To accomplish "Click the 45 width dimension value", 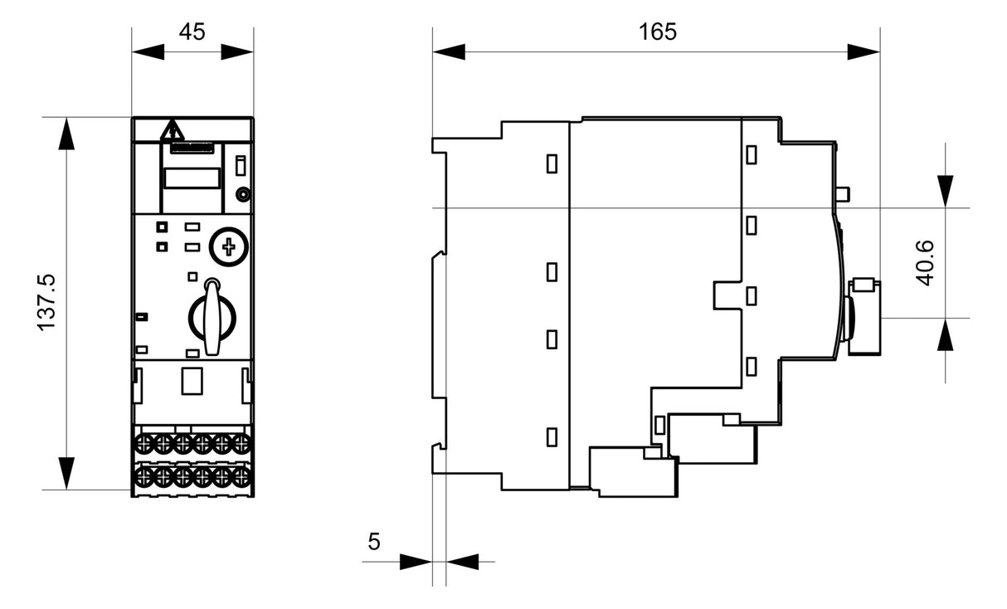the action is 192,32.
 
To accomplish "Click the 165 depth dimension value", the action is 658,32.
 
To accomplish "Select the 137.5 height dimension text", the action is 46,302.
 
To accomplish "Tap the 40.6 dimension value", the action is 925,263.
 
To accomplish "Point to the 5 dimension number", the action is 374,541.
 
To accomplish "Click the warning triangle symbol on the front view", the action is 173,130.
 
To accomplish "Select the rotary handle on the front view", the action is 212,317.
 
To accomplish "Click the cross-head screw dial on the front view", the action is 229,246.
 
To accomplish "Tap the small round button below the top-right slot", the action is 243,195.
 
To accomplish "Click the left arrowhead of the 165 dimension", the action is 449,51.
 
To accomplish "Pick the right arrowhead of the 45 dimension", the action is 237,51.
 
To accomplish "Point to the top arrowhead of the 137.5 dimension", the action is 66,134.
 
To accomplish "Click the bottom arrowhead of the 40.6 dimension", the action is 945,334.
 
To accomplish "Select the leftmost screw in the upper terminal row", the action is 145,444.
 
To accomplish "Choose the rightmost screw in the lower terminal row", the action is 241,476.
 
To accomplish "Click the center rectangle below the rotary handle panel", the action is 192,381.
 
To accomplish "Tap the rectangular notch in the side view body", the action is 727,295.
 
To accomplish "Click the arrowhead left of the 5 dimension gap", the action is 416,562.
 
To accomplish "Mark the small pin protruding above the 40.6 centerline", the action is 843,194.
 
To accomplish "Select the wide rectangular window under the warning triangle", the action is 192,178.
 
